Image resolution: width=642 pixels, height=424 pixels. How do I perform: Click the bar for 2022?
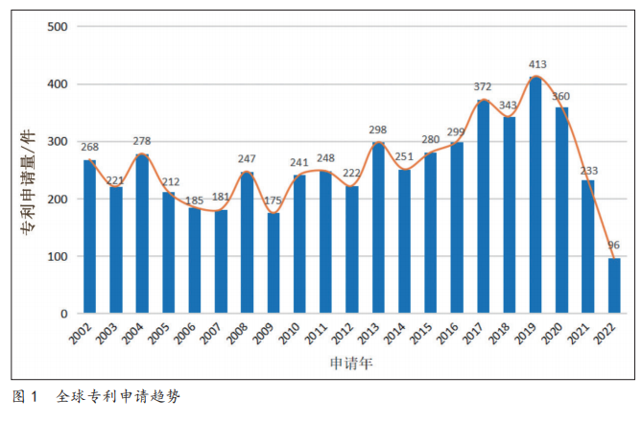pyautogui.click(x=614, y=286)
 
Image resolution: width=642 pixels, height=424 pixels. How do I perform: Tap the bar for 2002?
pyautogui.click(x=89, y=237)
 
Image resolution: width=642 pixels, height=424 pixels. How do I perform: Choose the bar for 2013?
pyautogui.click(x=378, y=228)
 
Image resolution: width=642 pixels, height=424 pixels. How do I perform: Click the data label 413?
pyautogui.click(x=537, y=64)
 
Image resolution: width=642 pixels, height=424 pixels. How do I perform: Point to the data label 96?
pyautogui.click(x=614, y=246)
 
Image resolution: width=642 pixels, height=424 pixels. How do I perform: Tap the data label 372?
pyautogui.click(x=485, y=87)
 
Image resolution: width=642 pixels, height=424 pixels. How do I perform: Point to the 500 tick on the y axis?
pyautogui.click(x=57, y=26)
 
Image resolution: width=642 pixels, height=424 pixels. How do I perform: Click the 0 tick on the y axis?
pyautogui.click(x=63, y=314)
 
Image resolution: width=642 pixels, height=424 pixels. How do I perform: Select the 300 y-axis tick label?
pyautogui.click(x=57, y=141)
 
